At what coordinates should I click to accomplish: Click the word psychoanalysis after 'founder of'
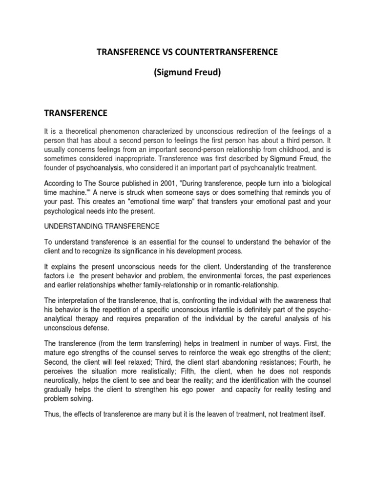(x=98, y=167)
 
